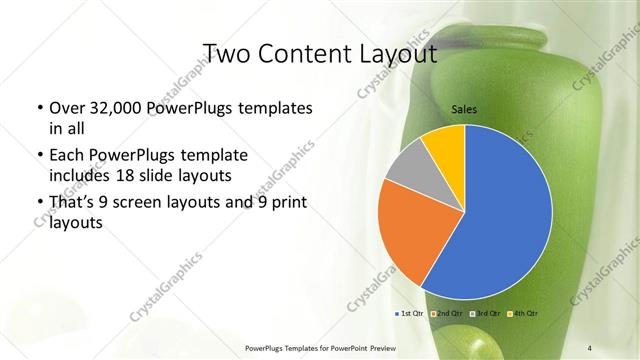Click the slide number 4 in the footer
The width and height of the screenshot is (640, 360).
pos(590,348)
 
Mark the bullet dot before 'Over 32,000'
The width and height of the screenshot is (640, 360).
pos(38,108)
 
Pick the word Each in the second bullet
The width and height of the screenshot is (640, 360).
pos(66,156)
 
